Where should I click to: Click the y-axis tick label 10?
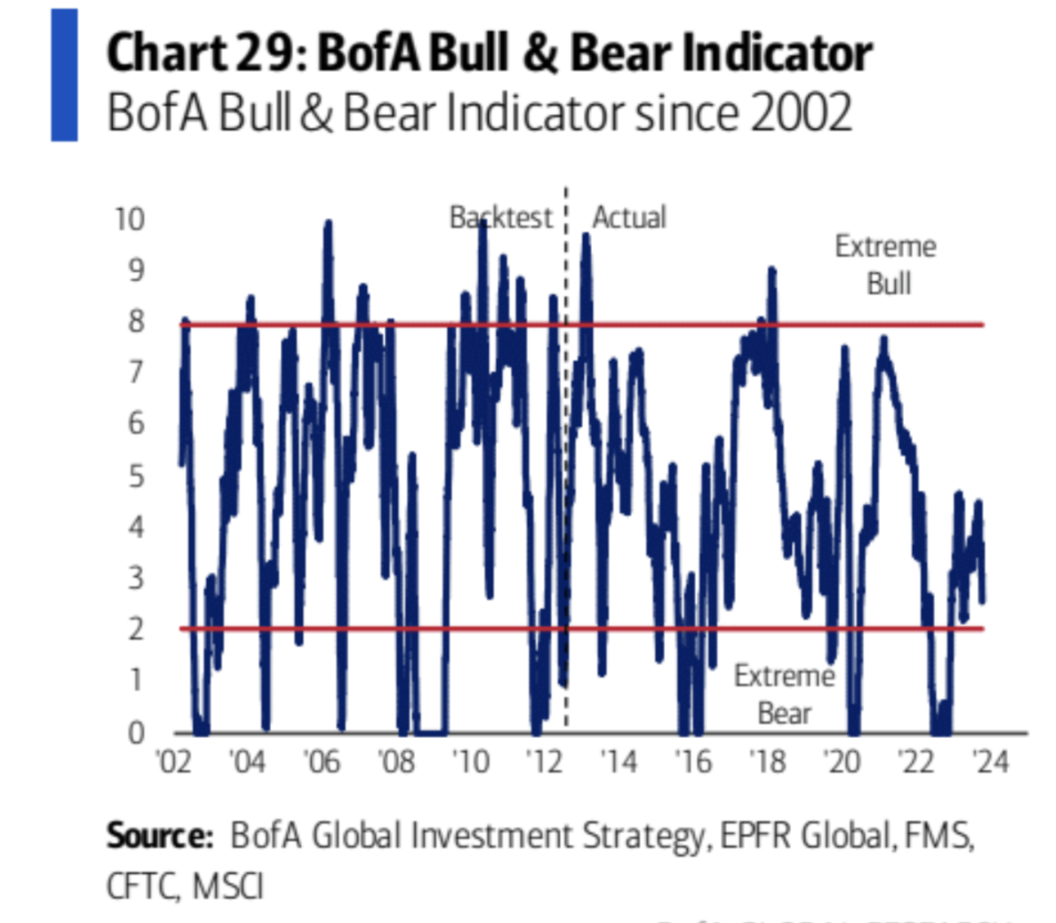click(129, 218)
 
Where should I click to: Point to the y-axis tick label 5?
click(135, 477)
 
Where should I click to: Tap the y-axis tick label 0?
click(135, 733)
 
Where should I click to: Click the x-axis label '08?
click(396, 763)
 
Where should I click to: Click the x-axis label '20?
click(841, 763)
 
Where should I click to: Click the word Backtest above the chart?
click(501, 218)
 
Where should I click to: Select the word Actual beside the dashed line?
click(629, 218)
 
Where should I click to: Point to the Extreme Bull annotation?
click(886, 265)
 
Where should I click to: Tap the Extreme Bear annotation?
click(785, 694)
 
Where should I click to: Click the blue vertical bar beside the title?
click(64, 75)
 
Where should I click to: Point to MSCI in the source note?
click(228, 887)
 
